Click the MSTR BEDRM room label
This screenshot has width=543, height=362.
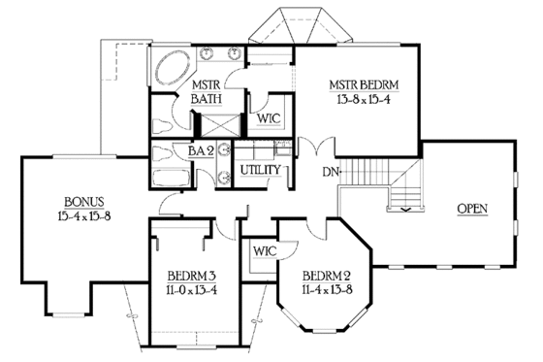(364, 84)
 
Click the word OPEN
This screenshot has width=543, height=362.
(472, 209)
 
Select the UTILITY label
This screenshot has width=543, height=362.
(261, 170)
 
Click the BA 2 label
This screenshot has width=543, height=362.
(202, 151)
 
